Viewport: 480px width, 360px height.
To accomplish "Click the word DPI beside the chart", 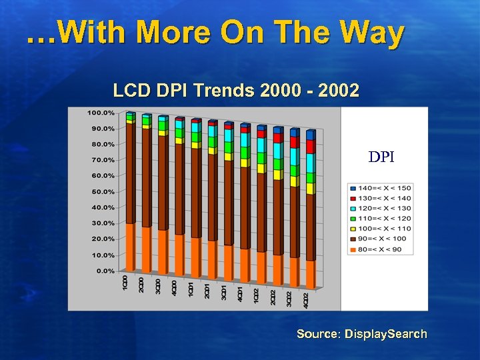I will (x=381, y=157).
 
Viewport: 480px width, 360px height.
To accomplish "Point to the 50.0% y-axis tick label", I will (x=102, y=191).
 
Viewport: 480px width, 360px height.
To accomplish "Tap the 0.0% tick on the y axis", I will (x=104, y=271).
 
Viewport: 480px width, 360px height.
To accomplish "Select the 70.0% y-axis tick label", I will (x=102, y=160).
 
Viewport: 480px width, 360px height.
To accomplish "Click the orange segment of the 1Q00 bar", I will (x=130, y=247).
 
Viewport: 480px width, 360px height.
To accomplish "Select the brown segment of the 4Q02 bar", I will (x=310, y=227).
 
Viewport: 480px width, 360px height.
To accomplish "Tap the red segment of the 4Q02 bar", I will (x=310, y=147).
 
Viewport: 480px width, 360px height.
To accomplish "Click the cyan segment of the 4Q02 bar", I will (x=310, y=163).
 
